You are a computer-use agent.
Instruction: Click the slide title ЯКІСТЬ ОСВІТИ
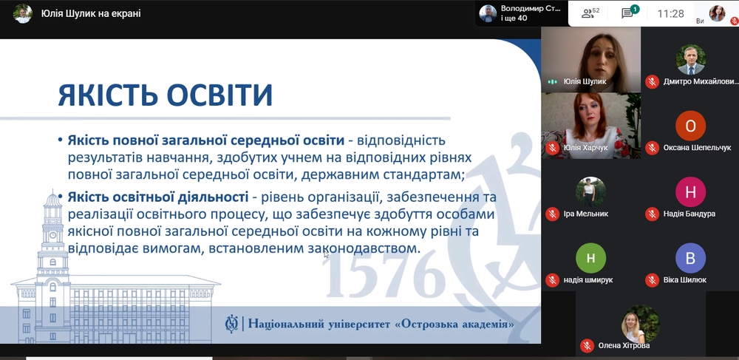coord(165,94)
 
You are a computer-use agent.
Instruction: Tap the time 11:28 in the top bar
coord(671,13)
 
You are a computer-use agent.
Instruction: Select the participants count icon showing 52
coord(590,13)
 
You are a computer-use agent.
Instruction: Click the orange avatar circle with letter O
coord(690,126)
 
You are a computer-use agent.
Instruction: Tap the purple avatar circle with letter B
coord(690,258)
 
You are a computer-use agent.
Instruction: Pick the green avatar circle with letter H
coord(590,258)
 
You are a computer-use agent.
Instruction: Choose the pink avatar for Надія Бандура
coord(690,191)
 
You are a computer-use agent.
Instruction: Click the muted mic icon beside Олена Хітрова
coord(587,345)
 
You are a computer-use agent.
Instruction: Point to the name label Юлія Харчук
coord(586,148)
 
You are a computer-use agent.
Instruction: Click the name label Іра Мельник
coord(586,214)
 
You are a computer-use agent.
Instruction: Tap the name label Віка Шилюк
coord(686,280)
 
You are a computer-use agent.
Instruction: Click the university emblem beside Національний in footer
coord(231,325)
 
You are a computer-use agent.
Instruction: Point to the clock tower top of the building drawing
coord(52,198)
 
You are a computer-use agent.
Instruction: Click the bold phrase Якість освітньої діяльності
coord(158,197)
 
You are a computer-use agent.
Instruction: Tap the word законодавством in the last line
coord(363,248)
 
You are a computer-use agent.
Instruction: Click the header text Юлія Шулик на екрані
coord(91,13)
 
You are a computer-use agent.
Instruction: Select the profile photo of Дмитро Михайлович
coord(690,60)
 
